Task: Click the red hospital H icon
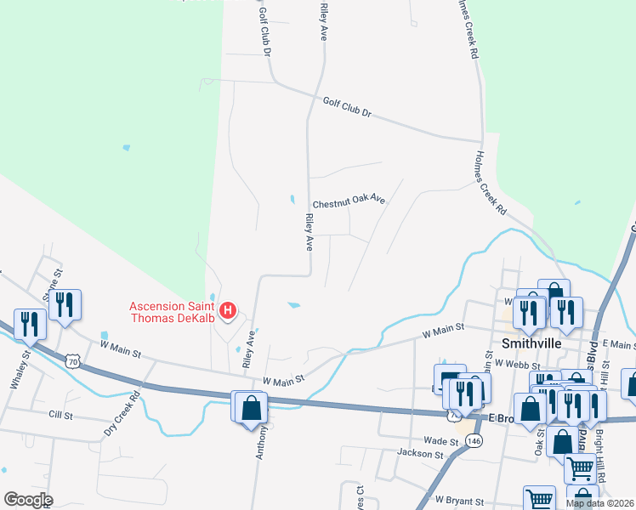point(228,312)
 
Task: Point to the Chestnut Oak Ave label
point(349,203)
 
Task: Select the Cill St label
point(61,414)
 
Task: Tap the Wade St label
point(440,441)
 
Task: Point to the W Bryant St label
point(459,501)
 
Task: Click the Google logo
point(27,500)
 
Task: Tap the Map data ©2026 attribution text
point(599,503)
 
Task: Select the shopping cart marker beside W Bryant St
point(539,499)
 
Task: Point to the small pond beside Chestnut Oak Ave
point(292,200)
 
